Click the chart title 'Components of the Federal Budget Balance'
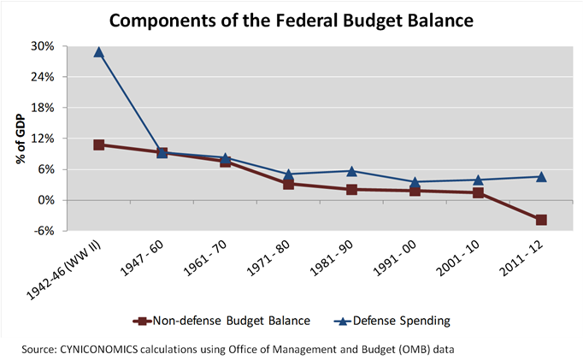291,18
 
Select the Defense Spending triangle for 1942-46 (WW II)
99,52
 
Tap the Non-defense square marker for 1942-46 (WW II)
99,145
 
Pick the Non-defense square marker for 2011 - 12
540,220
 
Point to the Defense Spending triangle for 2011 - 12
540,176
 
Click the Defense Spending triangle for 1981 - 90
351,171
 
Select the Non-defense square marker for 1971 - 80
288,184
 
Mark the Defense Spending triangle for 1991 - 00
415,182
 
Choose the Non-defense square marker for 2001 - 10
477,192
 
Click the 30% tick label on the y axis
43,46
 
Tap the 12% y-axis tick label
43,139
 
